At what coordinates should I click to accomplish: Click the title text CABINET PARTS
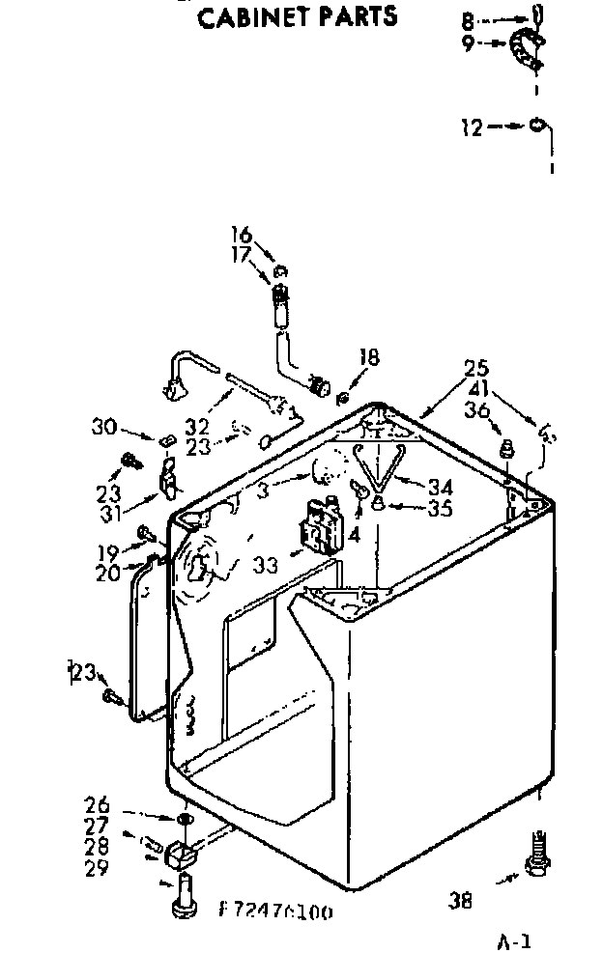[297, 15]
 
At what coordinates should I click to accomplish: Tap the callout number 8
[467, 18]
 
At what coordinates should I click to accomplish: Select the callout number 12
[471, 126]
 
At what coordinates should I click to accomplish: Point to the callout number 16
[241, 235]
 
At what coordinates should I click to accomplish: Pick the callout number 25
[476, 369]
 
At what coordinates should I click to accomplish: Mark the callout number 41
[476, 390]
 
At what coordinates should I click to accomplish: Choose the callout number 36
[476, 410]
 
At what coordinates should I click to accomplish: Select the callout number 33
[265, 563]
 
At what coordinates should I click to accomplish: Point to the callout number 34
[440, 487]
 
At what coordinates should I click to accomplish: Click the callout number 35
[440, 508]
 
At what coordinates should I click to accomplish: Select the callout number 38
[461, 900]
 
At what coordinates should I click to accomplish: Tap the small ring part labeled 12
[537, 126]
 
